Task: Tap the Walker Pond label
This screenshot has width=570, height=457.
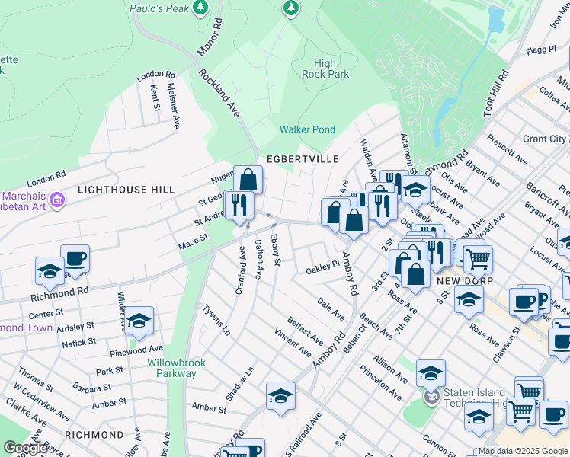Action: [x=307, y=129]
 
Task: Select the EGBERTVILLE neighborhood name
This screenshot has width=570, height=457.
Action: [x=296, y=159]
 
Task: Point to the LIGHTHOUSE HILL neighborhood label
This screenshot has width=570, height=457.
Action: [x=126, y=189]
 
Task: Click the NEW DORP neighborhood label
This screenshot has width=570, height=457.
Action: [x=456, y=281]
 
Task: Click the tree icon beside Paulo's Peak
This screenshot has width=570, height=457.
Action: [x=200, y=8]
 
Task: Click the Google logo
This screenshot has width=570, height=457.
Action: [x=26, y=448]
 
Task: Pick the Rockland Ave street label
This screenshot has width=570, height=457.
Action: [x=221, y=92]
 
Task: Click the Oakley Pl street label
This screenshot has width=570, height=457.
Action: [x=322, y=268]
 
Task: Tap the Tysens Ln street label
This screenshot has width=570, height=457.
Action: [x=216, y=320]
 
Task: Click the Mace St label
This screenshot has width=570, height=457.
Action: [x=194, y=241]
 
